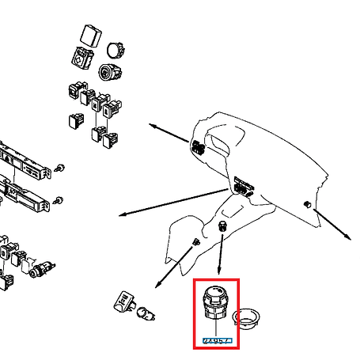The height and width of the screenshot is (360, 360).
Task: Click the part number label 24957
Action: pyautogui.click(x=216, y=340)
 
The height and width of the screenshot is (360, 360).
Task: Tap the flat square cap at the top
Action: pyautogui.click(x=89, y=36)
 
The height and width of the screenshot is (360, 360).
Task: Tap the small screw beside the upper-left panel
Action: pyautogui.click(x=59, y=169)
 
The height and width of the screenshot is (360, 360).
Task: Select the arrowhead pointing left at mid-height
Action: pyautogui.click(x=121, y=214)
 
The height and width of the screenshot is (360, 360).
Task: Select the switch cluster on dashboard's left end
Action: pyautogui.click(x=199, y=147)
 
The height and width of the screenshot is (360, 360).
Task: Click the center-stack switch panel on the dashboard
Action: pyautogui.click(x=240, y=187)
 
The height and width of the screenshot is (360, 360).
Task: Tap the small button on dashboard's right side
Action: pyautogui.click(x=305, y=205)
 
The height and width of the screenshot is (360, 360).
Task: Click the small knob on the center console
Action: pyautogui.click(x=223, y=228)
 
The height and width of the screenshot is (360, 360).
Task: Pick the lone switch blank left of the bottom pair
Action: pyautogui.click(x=76, y=121)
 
